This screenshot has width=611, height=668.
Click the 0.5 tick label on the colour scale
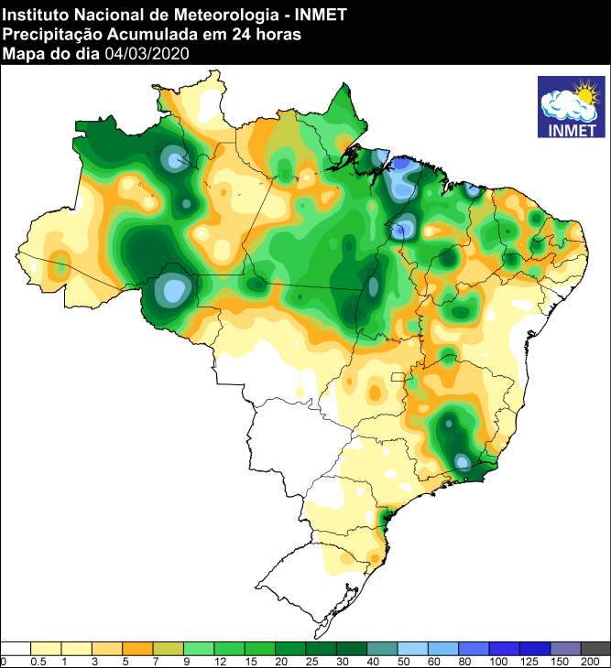(37, 661)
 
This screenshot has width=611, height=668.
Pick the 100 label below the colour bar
(499, 661)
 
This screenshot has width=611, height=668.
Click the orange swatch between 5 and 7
(137, 648)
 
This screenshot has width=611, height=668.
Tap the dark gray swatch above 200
(595, 648)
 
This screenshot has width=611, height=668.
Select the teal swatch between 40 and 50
(382, 648)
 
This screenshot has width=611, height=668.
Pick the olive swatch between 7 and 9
(169, 648)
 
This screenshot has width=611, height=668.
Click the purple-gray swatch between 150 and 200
(565, 648)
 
